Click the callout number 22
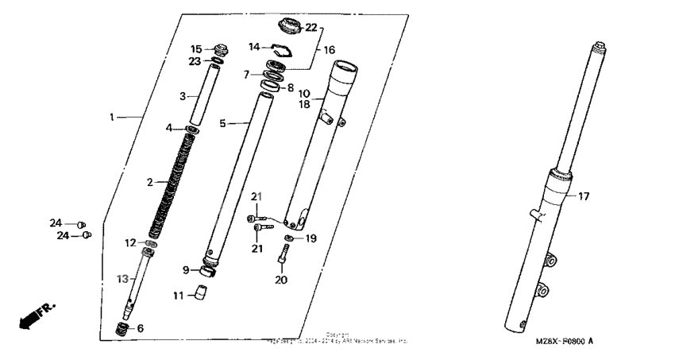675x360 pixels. point(310,28)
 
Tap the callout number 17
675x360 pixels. point(584,196)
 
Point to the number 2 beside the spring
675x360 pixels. point(149,183)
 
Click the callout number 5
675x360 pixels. point(222,123)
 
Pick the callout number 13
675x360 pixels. point(122,279)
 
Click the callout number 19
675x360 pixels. point(312,238)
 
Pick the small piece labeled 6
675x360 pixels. point(121,328)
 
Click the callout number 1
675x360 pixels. point(112,117)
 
